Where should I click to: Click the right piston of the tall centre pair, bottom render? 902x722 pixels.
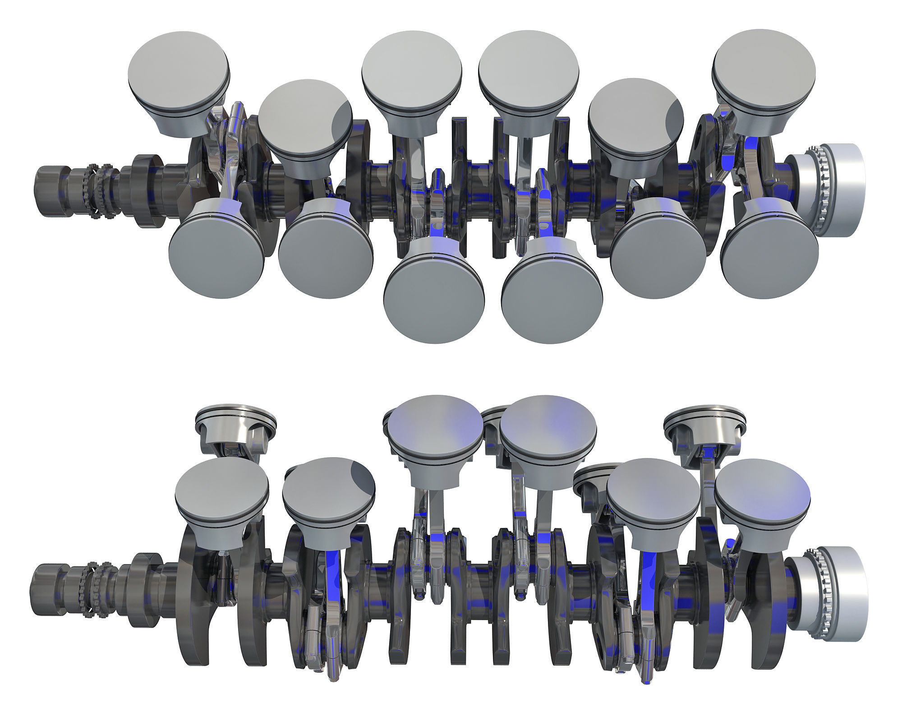(548, 422)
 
